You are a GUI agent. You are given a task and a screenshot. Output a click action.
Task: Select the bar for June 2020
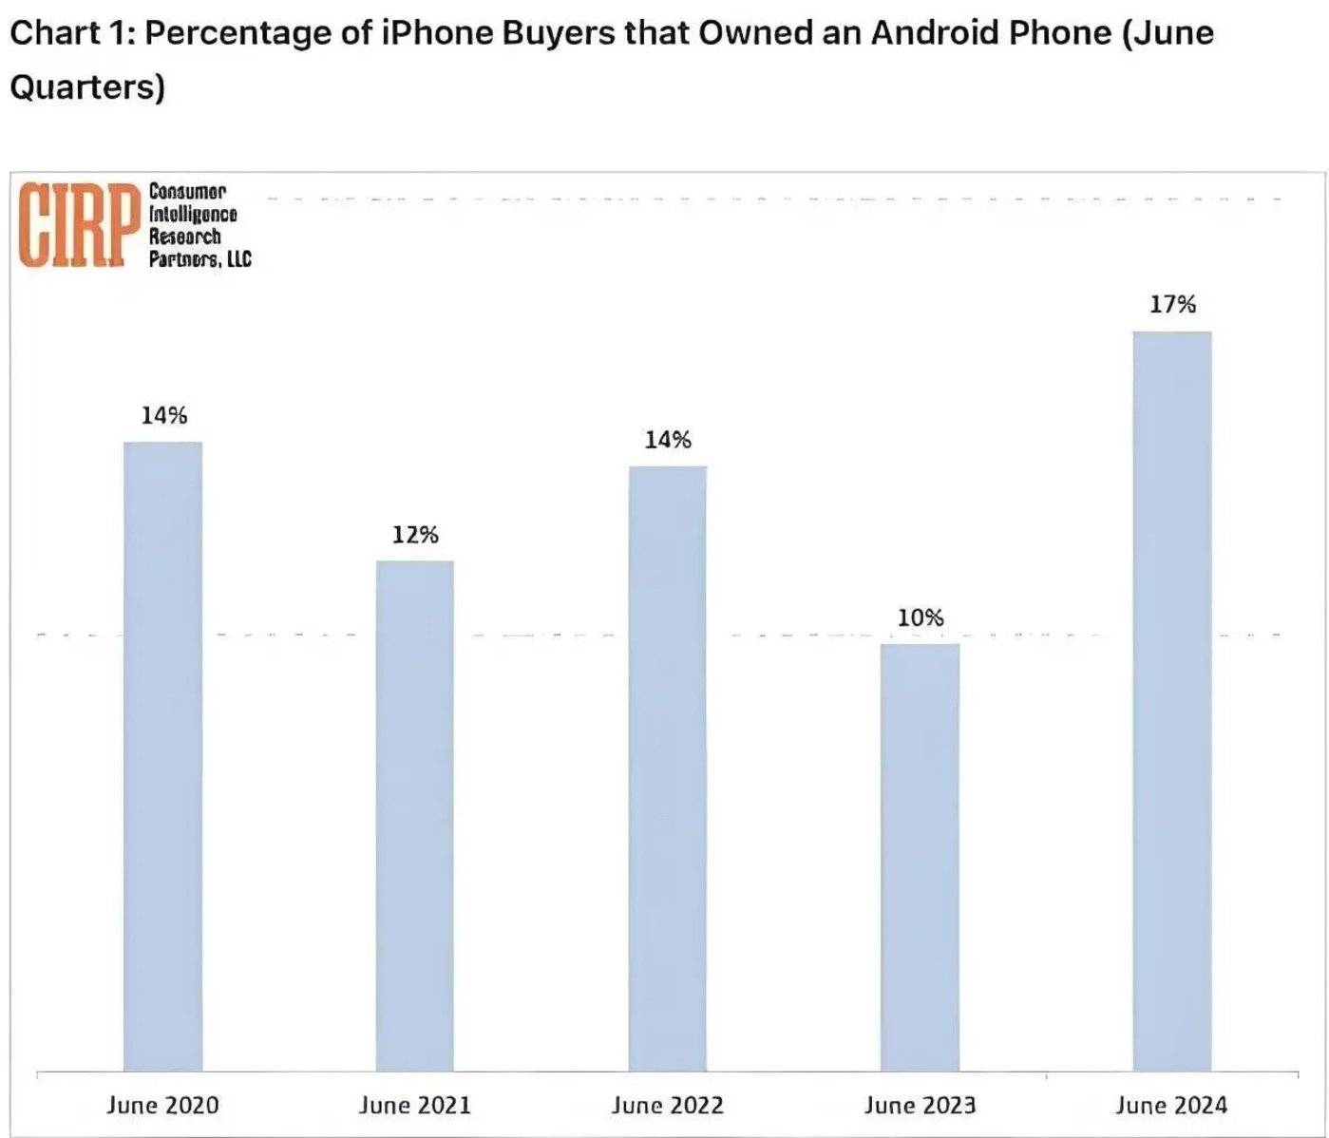coord(162,756)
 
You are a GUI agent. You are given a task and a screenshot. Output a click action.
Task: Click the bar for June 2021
coord(414,815)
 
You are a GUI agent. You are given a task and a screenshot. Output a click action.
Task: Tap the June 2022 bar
coord(667,768)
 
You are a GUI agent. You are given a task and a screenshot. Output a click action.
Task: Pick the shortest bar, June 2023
coord(920,857)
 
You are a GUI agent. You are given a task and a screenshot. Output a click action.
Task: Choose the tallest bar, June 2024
coord(1171,701)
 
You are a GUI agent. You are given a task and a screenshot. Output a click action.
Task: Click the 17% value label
coord(1172,304)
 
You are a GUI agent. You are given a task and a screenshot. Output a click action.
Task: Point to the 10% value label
coord(921,617)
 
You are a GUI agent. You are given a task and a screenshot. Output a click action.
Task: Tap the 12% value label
coord(415,535)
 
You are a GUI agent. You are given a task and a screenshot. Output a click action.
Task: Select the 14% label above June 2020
coord(163,415)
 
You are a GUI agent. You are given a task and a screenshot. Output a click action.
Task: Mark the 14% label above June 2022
coord(668,440)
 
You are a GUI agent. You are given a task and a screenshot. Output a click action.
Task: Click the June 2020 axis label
coord(162,1105)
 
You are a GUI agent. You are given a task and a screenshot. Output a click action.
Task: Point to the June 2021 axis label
coord(414,1105)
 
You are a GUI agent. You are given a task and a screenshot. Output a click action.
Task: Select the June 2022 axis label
coord(667,1105)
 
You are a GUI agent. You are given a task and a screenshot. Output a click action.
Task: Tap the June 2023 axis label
coord(920,1105)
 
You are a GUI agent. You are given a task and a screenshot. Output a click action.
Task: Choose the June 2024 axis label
coord(1171,1105)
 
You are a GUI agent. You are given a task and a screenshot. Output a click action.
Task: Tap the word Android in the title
coord(935,33)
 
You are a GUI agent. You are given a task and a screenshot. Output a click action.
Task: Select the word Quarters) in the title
coord(87,86)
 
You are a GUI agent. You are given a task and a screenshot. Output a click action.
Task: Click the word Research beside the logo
coord(184,237)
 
